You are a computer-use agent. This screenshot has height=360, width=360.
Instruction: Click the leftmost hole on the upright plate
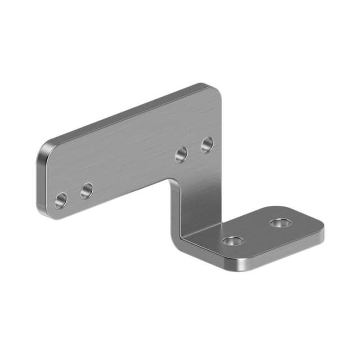click(61, 200)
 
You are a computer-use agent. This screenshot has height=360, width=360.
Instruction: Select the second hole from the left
click(87, 191)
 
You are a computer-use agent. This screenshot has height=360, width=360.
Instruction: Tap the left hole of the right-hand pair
click(181, 154)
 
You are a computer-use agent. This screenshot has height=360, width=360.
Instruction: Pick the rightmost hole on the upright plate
click(207, 145)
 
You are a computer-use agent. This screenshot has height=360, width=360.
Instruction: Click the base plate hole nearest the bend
click(232, 241)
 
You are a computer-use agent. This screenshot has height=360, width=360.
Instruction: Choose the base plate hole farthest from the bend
click(280, 223)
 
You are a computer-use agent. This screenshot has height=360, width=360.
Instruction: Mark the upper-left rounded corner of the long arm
click(46, 146)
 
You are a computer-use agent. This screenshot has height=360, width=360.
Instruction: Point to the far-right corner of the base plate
click(321, 231)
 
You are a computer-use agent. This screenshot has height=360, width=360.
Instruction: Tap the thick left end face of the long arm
click(40, 180)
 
